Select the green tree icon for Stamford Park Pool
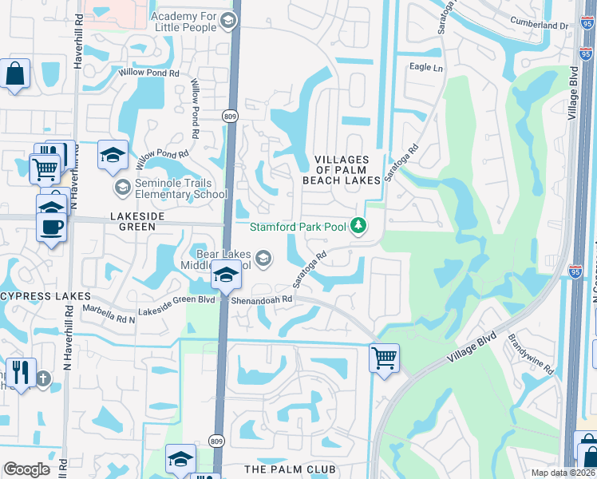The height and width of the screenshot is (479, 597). coord(359,227)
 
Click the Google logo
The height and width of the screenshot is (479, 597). coord(27,469)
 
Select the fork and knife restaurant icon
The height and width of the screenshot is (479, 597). coord(21,372)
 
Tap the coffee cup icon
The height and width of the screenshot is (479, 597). coord(53,226)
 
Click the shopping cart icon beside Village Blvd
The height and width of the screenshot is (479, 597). coord(385,357)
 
